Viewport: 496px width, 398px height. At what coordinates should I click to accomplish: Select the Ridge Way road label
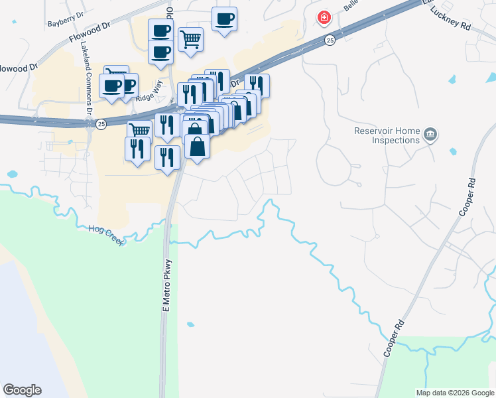[x=149, y=96]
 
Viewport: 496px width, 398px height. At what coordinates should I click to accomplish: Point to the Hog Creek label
[x=106, y=235]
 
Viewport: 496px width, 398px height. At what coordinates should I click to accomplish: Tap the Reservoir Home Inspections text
[x=387, y=135]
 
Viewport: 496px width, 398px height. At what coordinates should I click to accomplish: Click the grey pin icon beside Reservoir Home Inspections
[x=431, y=135]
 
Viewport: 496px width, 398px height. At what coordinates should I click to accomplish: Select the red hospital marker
[x=324, y=17]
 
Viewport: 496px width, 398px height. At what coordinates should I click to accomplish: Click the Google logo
[x=22, y=390]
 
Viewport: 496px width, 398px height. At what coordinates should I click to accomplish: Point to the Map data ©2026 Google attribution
[x=455, y=393]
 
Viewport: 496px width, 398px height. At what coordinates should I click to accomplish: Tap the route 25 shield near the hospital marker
[x=330, y=41]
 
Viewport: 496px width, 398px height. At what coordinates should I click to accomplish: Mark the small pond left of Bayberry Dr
[x=13, y=21]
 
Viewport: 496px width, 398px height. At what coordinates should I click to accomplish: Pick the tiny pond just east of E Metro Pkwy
[x=190, y=324]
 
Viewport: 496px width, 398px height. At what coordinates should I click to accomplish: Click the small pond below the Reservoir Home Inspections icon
[x=453, y=151]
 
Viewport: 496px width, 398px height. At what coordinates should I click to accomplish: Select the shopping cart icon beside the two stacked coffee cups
[x=190, y=38]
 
